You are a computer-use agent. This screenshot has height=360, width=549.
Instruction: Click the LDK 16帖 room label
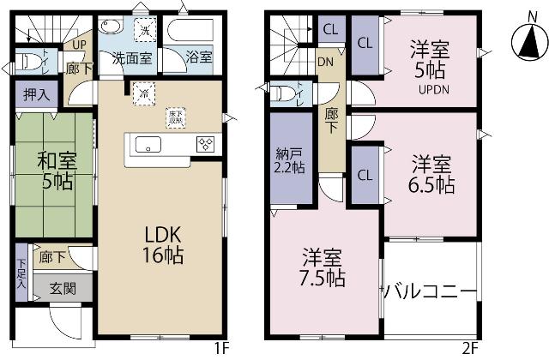click(162, 244)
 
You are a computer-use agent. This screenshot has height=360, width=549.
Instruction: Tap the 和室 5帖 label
click(52, 170)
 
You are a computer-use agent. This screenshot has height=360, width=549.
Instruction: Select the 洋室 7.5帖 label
click(323, 267)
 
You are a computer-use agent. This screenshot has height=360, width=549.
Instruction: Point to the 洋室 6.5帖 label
click(431, 173)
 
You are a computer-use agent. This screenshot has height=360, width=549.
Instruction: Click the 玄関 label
click(61, 289)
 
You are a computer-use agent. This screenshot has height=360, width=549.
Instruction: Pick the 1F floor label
click(222, 350)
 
